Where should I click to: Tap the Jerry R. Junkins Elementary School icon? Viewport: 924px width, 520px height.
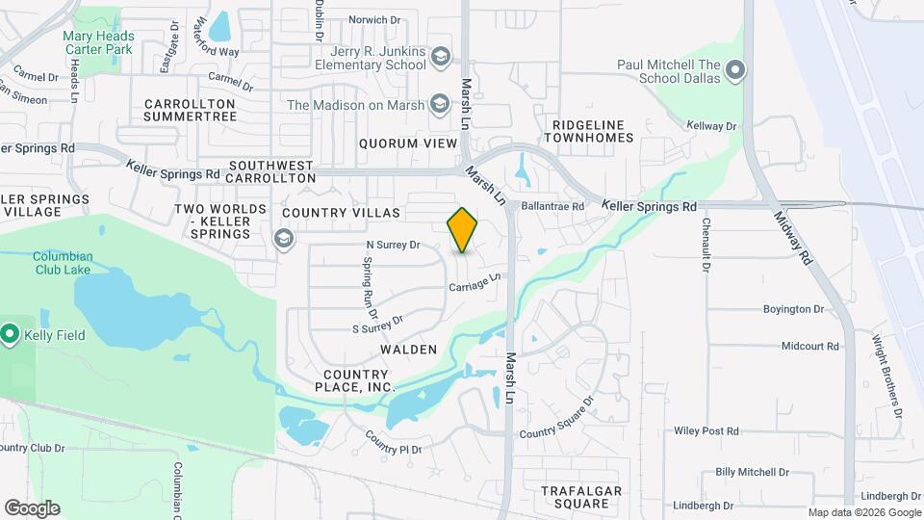(440, 58)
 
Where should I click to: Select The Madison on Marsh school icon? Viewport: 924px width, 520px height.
(440, 104)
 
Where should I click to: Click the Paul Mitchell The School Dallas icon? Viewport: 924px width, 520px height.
(735, 71)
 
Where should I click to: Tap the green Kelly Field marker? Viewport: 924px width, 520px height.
(11, 335)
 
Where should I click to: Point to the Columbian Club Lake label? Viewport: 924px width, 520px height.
(63, 263)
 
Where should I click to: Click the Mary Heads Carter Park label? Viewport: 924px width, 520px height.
(98, 42)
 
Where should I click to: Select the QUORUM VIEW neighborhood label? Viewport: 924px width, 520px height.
(407, 143)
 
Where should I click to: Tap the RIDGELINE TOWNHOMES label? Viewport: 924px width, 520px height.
(589, 131)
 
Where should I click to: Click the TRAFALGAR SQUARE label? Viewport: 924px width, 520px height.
(576, 497)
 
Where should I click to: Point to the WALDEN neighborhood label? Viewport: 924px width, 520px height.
(408, 350)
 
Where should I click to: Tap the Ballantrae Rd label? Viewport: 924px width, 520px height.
(552, 206)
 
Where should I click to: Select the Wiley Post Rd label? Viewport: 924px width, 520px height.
(706, 430)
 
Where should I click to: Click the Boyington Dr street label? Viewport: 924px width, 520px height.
(794, 309)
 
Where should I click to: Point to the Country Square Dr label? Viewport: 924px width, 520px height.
(557, 421)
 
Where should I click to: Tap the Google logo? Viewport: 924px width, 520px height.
(32, 508)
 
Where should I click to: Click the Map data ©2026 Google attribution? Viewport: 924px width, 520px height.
(864, 512)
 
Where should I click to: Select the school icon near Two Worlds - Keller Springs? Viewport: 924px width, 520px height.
(284, 238)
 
